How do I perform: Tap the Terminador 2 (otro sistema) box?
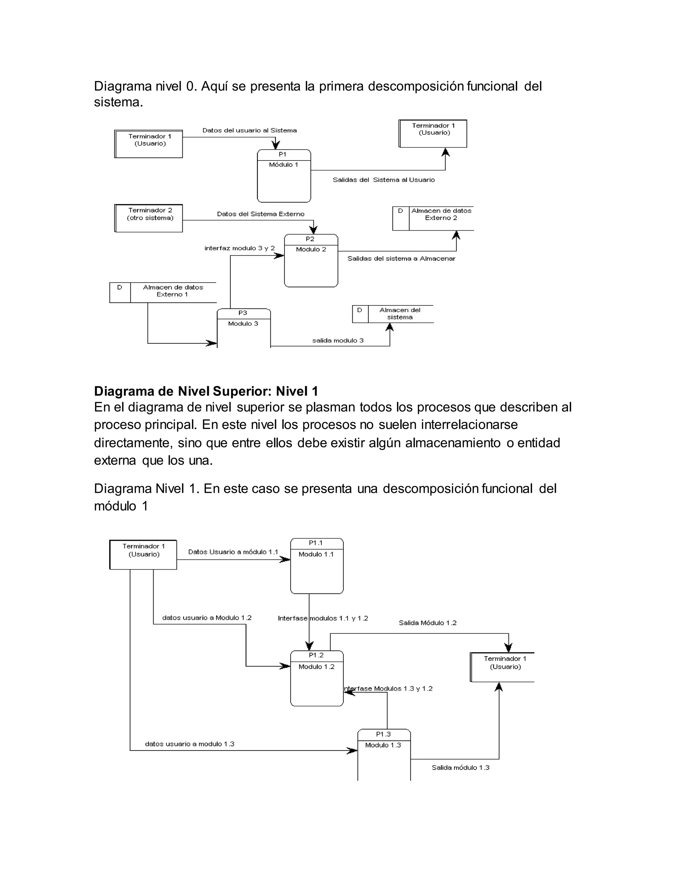pyautogui.click(x=149, y=218)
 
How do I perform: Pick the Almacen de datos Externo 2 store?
pyautogui.click(x=433, y=218)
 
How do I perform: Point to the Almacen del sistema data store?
pyautogui.click(x=393, y=314)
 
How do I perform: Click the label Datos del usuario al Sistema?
pyautogui.click(x=249, y=130)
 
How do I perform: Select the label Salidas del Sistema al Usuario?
pyautogui.click(x=384, y=180)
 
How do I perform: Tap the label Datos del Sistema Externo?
pyautogui.click(x=261, y=214)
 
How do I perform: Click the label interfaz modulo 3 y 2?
pyautogui.click(x=239, y=248)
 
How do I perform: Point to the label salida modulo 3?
pyautogui.click(x=338, y=341)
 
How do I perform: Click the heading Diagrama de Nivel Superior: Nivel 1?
pyautogui.click(x=206, y=391)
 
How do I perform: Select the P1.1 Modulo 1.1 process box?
pyautogui.click(x=316, y=566)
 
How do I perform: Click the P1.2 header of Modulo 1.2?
pyautogui.click(x=316, y=655)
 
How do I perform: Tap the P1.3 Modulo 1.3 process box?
pyautogui.click(x=384, y=755)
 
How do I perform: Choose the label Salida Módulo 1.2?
pyautogui.click(x=427, y=623)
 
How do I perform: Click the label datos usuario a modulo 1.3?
pyautogui.click(x=190, y=744)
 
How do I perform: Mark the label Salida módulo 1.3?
pyautogui.click(x=460, y=767)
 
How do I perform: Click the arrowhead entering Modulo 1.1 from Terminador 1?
pyautogui.click(x=286, y=559)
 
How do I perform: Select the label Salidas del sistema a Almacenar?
pyautogui.click(x=401, y=258)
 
